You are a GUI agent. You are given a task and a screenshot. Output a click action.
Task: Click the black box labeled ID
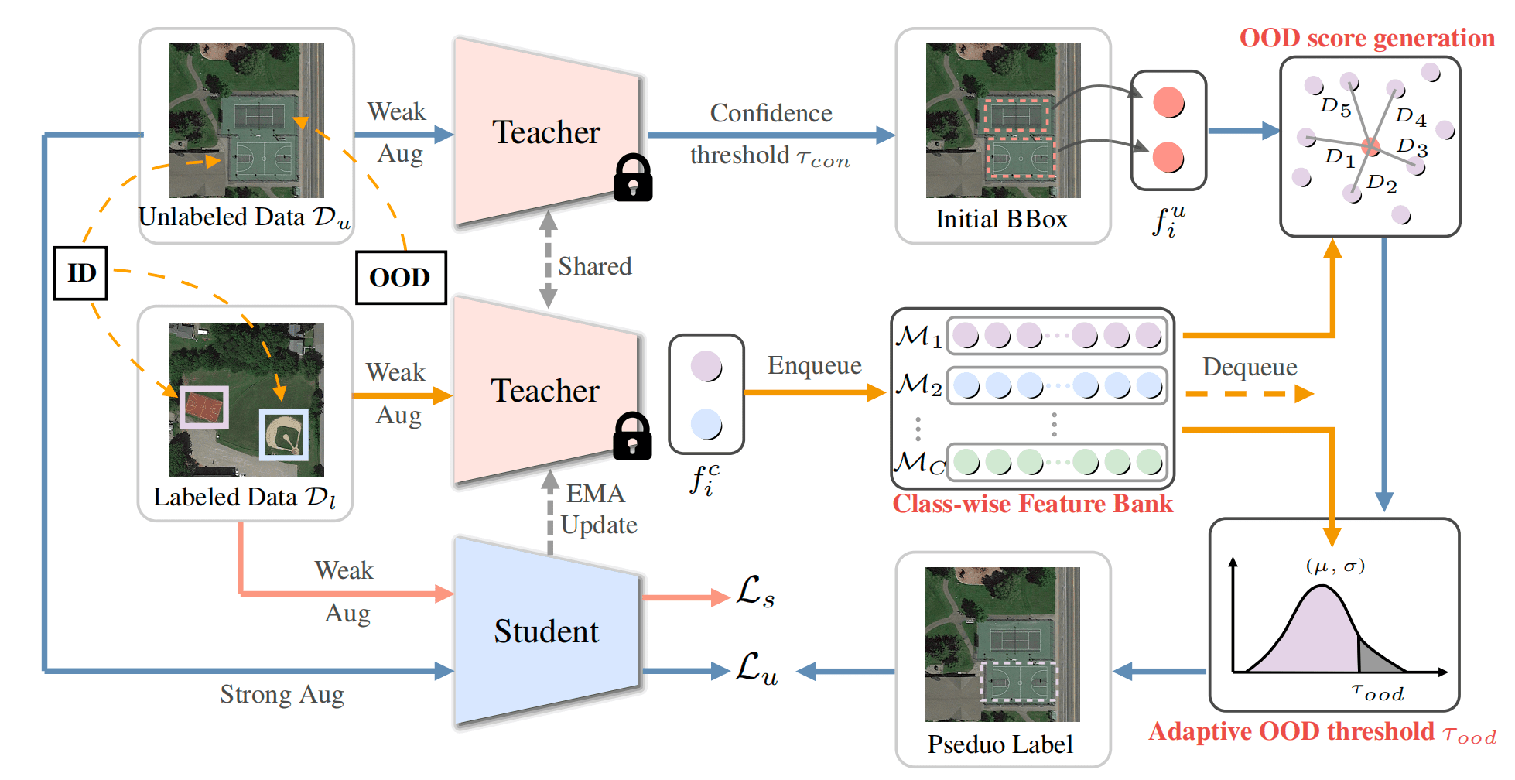tap(80, 273)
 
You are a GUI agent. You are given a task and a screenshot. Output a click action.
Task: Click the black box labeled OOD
tap(400, 277)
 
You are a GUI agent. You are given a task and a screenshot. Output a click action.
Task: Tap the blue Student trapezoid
tap(546, 631)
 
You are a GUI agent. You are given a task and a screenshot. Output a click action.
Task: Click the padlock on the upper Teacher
tap(632, 178)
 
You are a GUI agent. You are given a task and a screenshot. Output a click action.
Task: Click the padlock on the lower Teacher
tap(631, 436)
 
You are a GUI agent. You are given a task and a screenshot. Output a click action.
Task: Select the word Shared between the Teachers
tap(594, 266)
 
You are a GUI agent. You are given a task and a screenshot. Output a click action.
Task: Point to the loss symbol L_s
tap(754, 592)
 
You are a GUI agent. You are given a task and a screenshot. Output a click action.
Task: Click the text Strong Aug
tap(282, 694)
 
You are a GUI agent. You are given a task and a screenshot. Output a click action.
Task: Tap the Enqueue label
tap(814, 365)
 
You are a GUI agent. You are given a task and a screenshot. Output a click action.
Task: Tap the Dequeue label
tap(1250, 367)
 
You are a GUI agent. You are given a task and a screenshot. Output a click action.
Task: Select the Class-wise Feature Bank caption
tap(1032, 504)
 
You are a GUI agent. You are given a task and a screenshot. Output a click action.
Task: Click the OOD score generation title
tap(1366, 38)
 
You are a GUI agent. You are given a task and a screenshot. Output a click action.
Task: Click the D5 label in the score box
tap(1335, 107)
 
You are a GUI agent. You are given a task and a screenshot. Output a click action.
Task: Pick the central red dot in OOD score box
tap(1370, 146)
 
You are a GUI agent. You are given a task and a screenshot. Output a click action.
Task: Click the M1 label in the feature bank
tap(918, 337)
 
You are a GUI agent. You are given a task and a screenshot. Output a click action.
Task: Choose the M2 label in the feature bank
tap(918, 385)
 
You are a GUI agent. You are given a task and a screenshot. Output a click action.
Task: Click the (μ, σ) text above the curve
tap(1335, 566)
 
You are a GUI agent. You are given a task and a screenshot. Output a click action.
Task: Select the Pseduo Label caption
tap(1000, 744)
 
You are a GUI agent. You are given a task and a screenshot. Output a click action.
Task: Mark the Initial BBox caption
tap(1001, 219)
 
